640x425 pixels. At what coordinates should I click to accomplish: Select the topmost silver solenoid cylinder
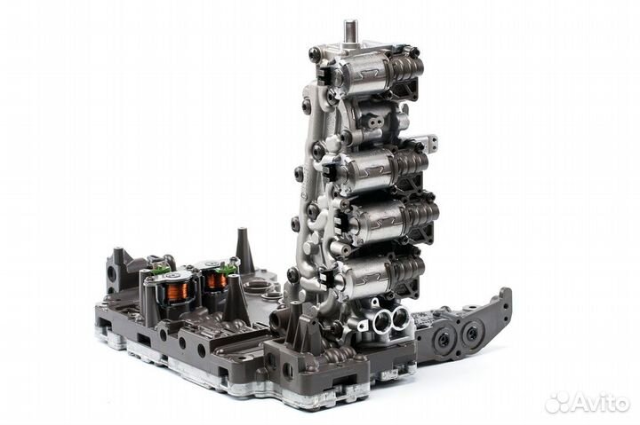(364, 75)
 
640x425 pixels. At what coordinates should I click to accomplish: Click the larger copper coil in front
(178, 292)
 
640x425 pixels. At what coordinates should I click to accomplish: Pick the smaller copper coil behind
(216, 280)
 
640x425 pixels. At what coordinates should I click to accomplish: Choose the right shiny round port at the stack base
(400, 318)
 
